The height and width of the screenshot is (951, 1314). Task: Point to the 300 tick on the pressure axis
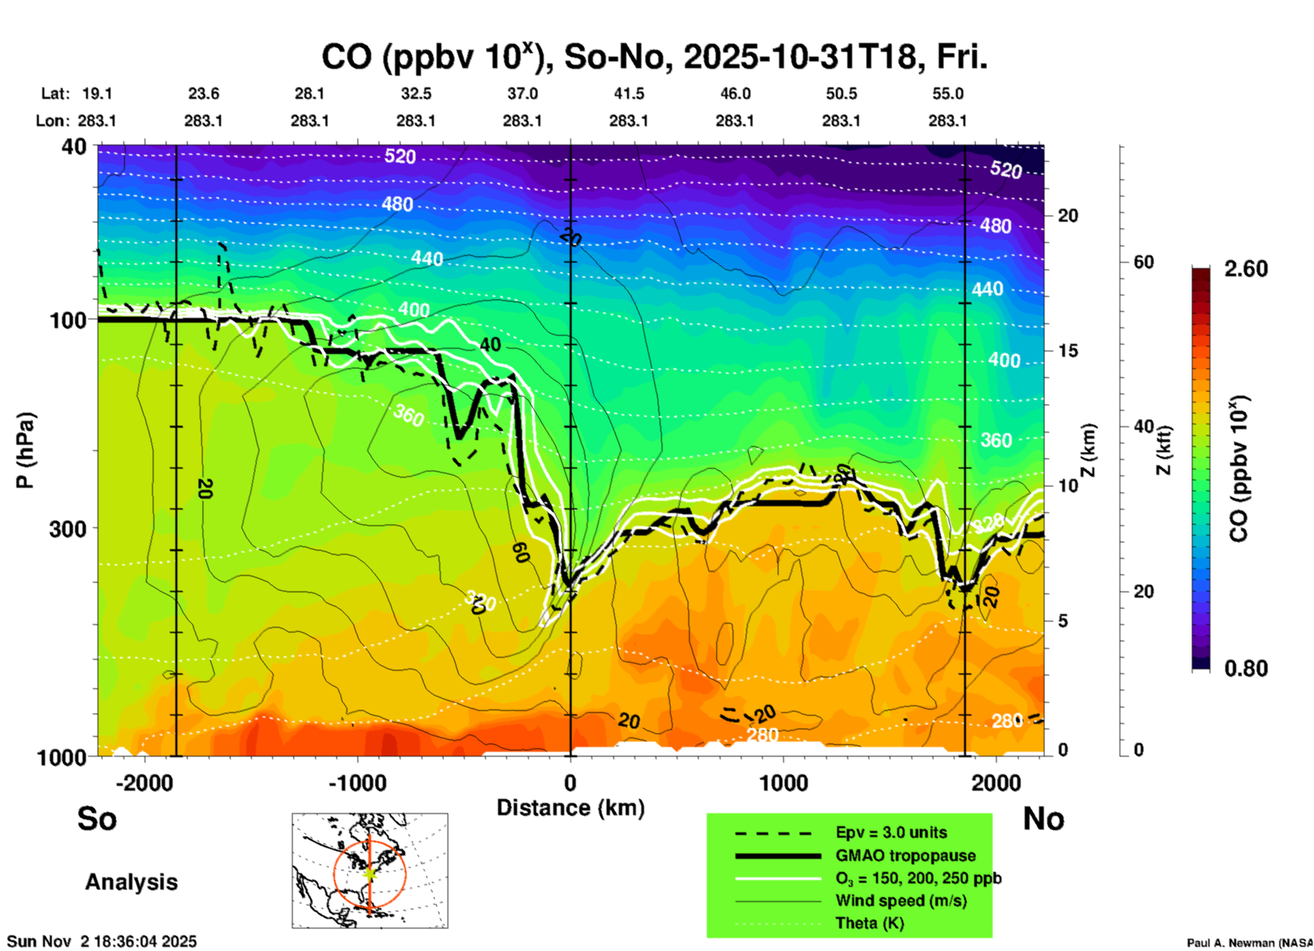68,529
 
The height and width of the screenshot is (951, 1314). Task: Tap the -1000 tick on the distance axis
357,782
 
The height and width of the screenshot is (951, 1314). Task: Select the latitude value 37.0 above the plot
522,93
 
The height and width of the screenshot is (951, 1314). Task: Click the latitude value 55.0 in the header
948,93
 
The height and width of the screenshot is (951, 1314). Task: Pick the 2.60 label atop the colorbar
1246,269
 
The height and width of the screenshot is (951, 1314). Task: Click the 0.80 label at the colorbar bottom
1246,669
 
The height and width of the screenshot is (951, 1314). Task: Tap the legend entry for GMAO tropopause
905,855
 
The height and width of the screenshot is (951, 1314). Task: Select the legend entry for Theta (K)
869,923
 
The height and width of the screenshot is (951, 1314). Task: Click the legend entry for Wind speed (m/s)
901,901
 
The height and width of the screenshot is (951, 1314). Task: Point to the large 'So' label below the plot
97,819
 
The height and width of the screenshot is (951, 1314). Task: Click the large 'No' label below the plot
1043,819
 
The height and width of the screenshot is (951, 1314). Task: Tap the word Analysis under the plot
131,882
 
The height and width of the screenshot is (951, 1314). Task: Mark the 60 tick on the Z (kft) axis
1143,262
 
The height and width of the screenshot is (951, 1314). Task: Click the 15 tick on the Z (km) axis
1068,351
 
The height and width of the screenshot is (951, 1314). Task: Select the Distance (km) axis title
570,808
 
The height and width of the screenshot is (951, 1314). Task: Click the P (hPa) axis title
25,450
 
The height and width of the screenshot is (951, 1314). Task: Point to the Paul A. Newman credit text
1249,943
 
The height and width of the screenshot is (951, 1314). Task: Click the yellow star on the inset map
369,873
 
